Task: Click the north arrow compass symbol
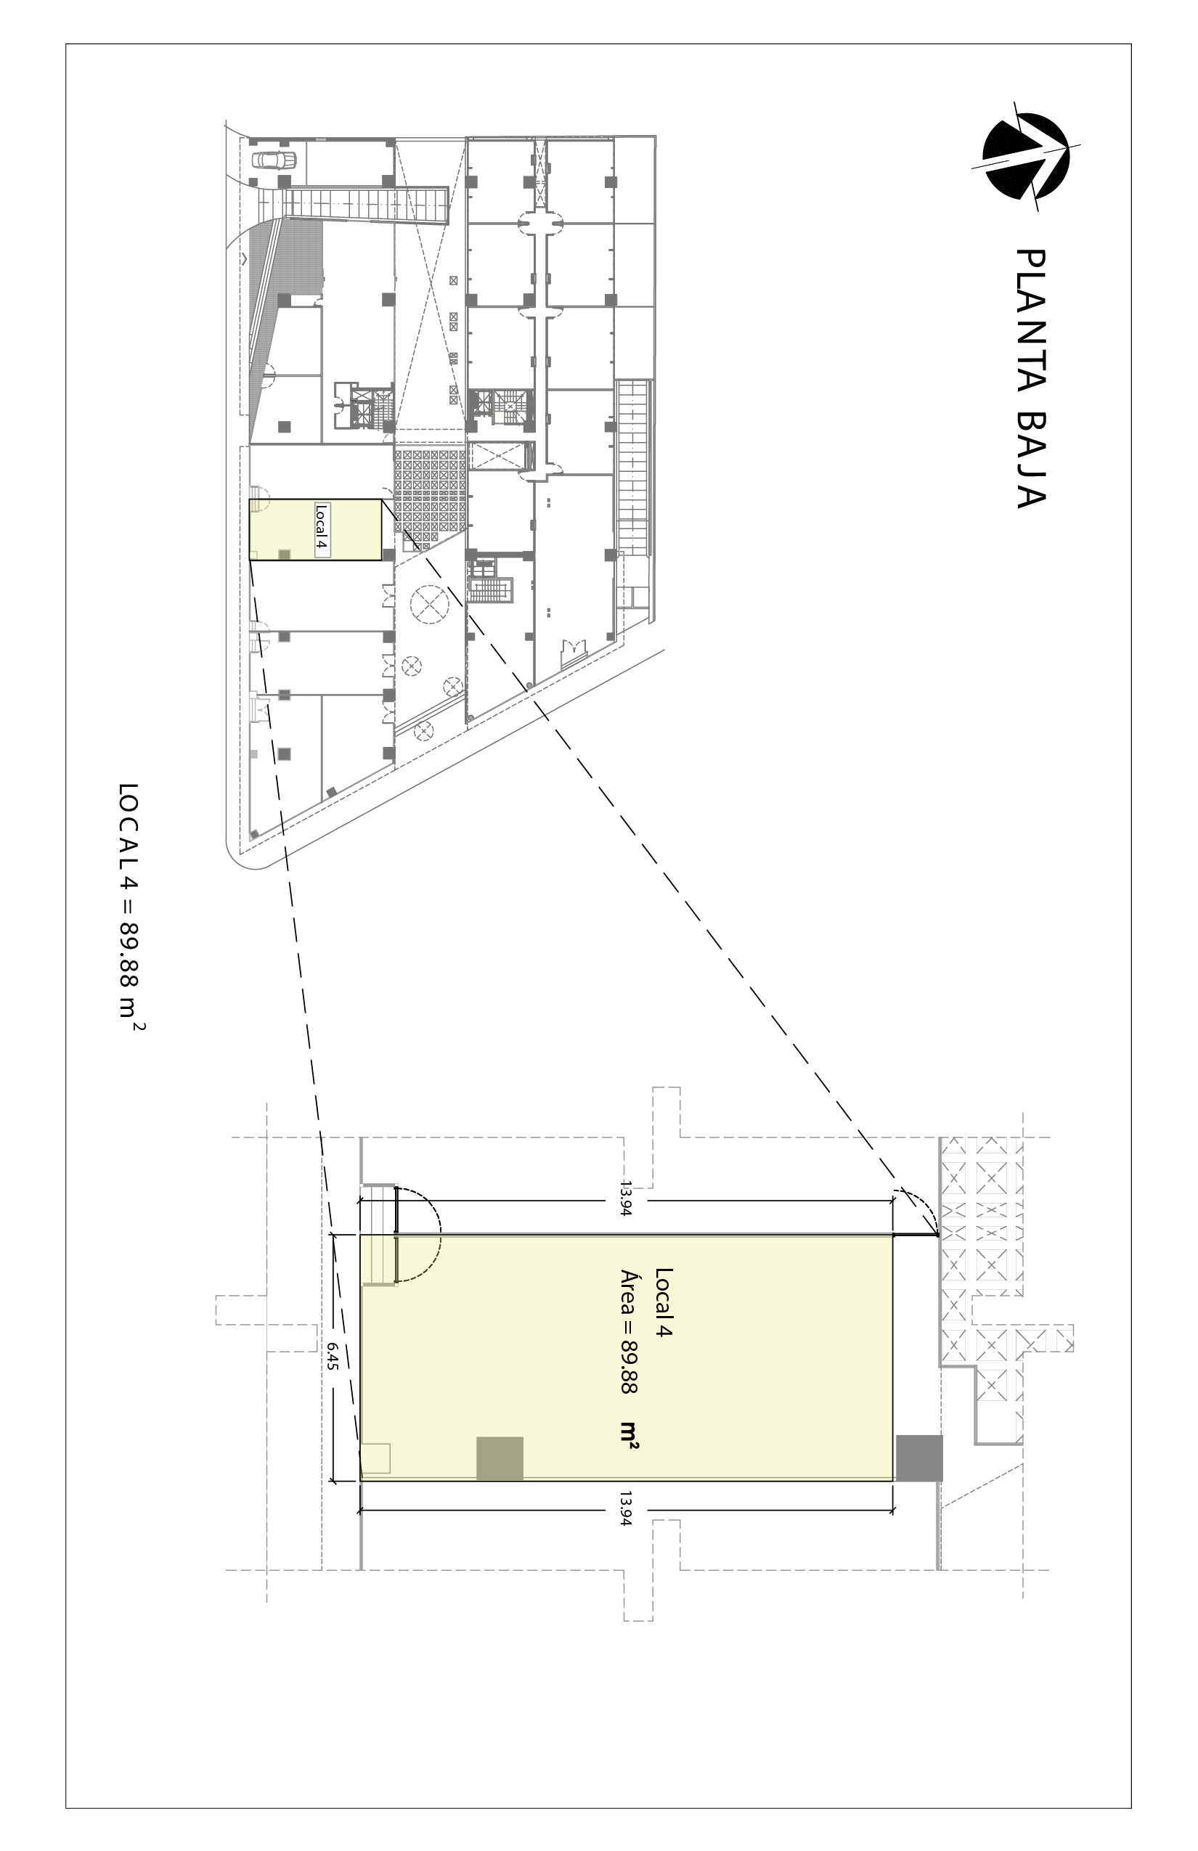point(1025,156)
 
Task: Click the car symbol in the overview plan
point(274,160)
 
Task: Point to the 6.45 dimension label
point(333,1356)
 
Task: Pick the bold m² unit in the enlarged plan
point(629,1436)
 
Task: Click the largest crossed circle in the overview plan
point(430,602)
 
